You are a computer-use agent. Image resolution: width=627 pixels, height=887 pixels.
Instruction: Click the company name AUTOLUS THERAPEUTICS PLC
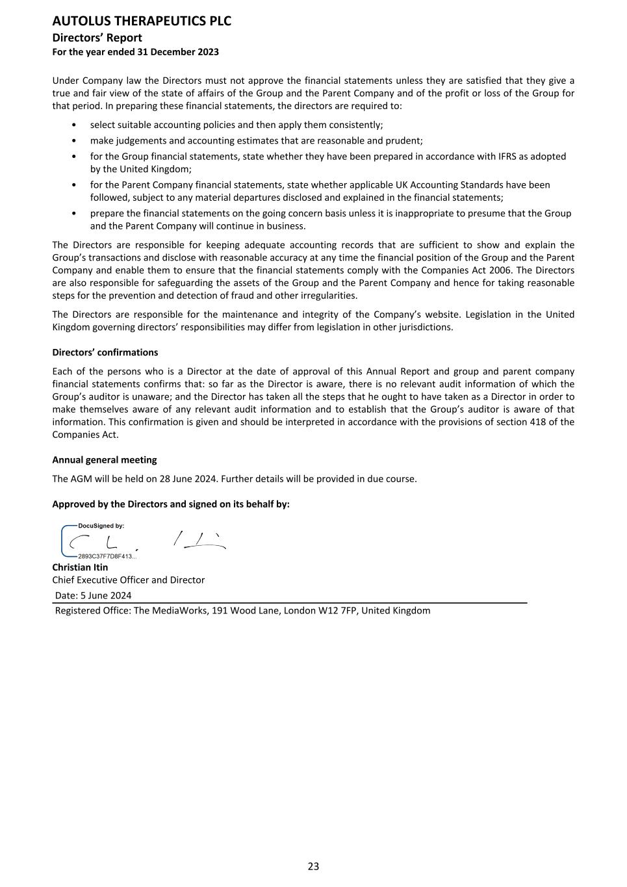tap(142, 21)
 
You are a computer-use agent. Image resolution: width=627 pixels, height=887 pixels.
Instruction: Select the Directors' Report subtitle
tap(97, 38)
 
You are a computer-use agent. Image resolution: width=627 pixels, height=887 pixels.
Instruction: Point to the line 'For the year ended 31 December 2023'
tap(135, 52)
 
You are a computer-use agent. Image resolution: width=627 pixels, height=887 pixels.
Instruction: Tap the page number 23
tap(313, 866)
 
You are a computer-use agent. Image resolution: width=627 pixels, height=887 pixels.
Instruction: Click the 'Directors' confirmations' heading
tap(105, 352)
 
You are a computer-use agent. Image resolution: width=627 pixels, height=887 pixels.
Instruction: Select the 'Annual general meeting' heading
tap(104, 459)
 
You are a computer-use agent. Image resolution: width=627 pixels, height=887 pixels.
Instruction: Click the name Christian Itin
tap(80, 567)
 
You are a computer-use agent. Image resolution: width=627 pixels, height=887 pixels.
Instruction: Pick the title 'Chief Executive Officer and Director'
tap(128, 580)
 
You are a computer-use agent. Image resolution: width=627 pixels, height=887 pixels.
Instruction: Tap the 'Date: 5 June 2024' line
tap(93, 595)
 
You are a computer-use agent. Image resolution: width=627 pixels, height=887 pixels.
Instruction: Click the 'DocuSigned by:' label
tap(101, 526)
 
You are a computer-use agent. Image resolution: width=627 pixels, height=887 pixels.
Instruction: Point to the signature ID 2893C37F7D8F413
tap(107, 556)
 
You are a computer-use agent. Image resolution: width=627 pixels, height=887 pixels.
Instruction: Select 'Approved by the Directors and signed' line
tap(171, 504)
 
